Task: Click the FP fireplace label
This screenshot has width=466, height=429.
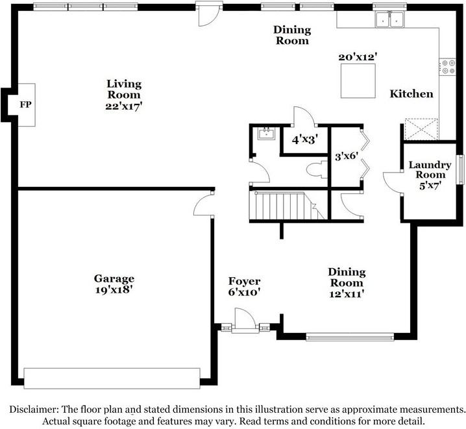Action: (25, 104)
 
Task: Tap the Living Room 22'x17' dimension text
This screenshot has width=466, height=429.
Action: (124, 106)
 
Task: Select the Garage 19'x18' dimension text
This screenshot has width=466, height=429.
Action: (114, 289)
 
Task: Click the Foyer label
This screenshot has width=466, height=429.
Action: (244, 281)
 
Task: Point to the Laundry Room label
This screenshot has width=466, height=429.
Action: (430, 169)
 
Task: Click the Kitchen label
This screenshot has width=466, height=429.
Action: (411, 94)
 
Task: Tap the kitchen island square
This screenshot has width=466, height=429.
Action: (358, 81)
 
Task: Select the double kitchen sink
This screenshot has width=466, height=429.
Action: (389, 19)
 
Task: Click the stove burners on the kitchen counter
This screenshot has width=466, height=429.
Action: (448, 67)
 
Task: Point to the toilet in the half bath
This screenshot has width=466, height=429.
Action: (317, 170)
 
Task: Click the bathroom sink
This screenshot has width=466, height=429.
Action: (266, 134)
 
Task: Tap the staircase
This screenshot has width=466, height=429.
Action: (287, 206)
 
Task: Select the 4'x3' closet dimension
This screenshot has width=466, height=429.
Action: (305, 140)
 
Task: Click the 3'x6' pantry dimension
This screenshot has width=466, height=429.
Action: (347, 156)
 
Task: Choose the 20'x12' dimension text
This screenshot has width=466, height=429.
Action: (358, 57)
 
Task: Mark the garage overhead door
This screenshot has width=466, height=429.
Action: (112, 378)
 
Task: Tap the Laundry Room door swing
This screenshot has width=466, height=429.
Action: (392, 183)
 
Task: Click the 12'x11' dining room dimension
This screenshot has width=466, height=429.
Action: (347, 294)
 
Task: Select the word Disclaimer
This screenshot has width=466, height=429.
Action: (34, 410)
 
